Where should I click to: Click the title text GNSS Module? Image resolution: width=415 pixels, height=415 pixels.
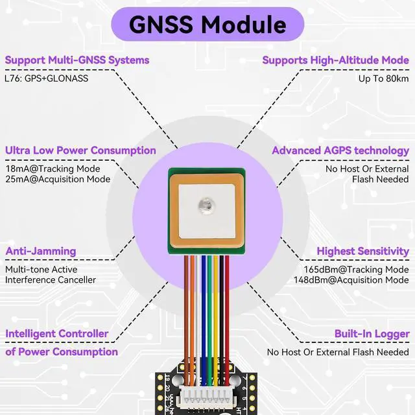point(207,25)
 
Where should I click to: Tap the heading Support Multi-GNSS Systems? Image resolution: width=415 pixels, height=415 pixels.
point(77,60)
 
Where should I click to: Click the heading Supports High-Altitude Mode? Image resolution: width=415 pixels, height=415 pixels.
point(335,60)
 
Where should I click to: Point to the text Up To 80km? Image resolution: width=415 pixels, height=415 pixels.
point(384,78)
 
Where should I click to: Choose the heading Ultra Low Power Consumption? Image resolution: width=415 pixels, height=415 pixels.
point(80,150)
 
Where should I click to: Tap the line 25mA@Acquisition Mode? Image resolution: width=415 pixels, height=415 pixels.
point(58,179)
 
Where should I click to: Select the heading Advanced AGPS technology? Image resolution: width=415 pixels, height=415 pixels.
point(340,150)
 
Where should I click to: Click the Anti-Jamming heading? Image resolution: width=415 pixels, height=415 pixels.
point(41,251)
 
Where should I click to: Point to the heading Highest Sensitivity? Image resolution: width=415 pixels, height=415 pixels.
point(362,251)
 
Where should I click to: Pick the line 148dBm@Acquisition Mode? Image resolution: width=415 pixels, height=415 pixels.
point(351,279)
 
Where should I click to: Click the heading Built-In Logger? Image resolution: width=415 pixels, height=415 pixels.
point(372,333)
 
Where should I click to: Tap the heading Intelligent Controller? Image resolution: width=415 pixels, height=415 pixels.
point(57,333)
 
